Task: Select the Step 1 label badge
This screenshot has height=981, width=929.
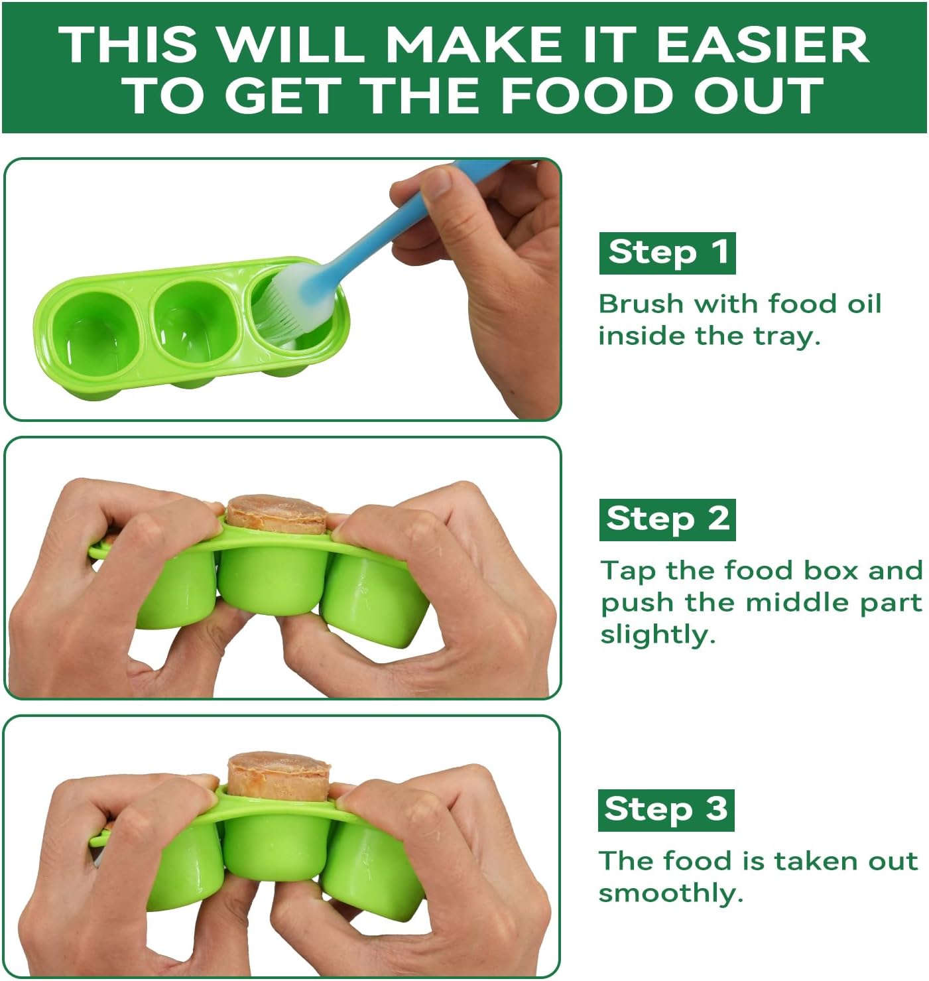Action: pos(667,253)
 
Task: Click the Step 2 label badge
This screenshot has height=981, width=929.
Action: pos(667,519)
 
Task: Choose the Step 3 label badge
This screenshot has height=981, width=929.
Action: pos(666,810)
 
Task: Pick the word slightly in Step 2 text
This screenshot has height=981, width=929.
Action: pos(656,635)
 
